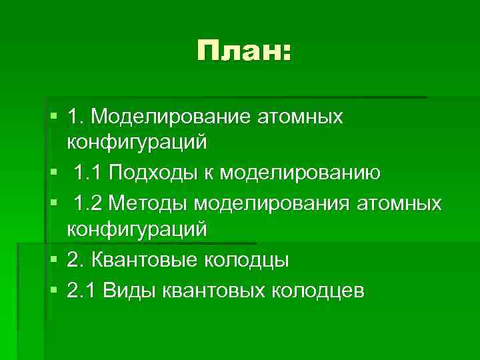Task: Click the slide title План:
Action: point(244,52)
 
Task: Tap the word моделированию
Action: point(301,173)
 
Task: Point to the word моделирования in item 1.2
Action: point(276,203)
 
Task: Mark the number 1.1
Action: point(89,173)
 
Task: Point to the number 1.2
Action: point(89,203)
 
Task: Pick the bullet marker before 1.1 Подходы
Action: point(54,173)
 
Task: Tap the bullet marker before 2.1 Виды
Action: point(54,290)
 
